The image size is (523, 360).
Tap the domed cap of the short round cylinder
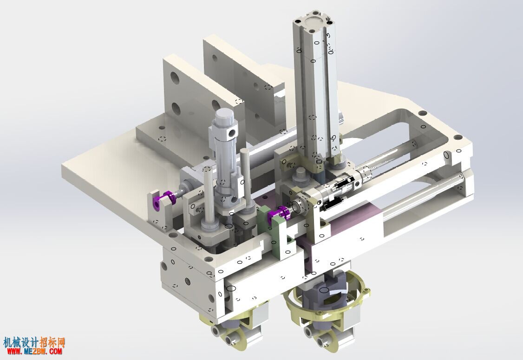click(x=224, y=117)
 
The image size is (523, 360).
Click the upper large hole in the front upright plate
click(x=175, y=79)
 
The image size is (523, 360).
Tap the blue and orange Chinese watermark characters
click(x=34, y=342)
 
